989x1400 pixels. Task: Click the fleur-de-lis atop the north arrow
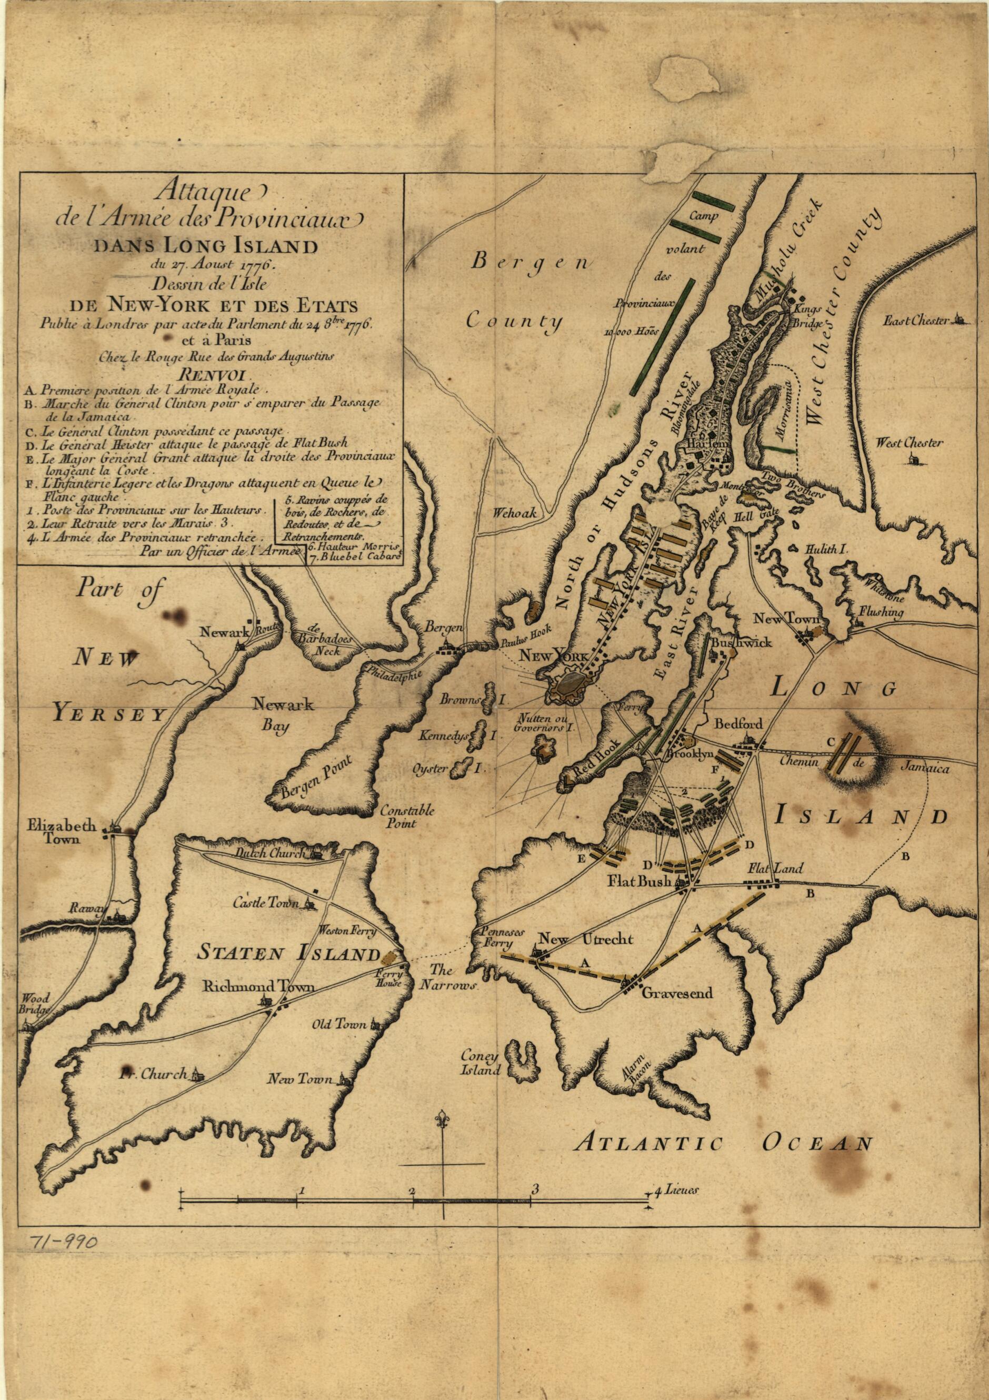tap(442, 1119)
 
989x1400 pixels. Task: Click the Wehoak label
tap(516, 513)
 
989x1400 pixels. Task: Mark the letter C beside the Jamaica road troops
tap(830, 741)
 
